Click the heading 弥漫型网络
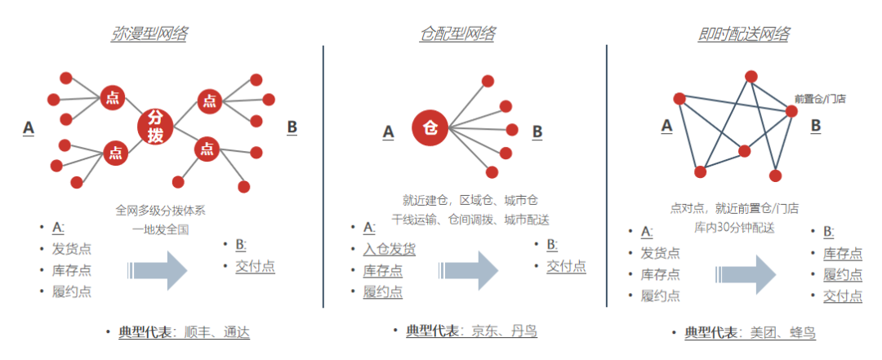pyautogui.click(x=149, y=34)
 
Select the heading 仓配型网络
pyautogui.click(x=457, y=34)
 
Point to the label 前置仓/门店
pyautogui.click(x=820, y=99)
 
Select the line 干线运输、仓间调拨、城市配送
pyautogui.click(x=470, y=220)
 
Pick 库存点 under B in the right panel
pyautogui.click(x=842, y=254)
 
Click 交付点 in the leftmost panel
pyautogui.click(x=255, y=266)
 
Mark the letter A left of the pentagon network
pyautogui.click(x=666, y=125)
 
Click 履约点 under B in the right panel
pyautogui.click(x=842, y=275)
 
